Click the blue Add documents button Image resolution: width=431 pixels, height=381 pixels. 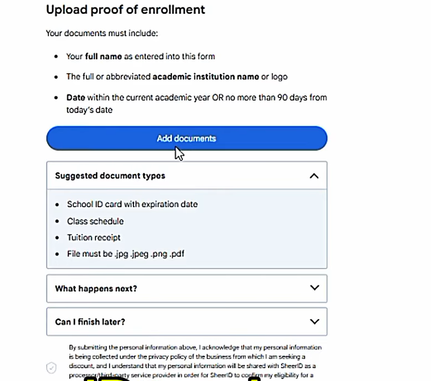click(186, 138)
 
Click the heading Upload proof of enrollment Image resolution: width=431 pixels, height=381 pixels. click(125, 9)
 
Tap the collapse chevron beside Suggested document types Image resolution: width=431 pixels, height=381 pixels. click(314, 176)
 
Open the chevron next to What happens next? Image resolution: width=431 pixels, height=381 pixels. click(314, 288)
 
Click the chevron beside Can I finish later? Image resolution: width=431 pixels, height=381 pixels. click(314, 322)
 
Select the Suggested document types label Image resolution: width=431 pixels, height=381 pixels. click(110, 176)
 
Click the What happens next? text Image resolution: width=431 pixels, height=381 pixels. click(96, 289)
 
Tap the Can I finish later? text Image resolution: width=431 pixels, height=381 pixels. click(90, 322)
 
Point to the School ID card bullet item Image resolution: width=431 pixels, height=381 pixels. click(132, 204)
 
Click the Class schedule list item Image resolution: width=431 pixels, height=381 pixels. click(95, 221)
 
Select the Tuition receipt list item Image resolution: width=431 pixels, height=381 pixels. click(93, 238)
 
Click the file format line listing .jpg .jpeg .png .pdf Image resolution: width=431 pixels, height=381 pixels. click(126, 254)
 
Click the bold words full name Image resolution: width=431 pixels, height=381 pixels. click(103, 56)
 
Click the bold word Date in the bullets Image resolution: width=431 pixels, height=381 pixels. click(76, 97)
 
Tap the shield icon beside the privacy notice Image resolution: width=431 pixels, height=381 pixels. click(51, 368)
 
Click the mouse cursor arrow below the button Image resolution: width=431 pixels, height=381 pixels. click(179, 153)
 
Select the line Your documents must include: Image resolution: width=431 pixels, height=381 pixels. click(101, 33)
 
